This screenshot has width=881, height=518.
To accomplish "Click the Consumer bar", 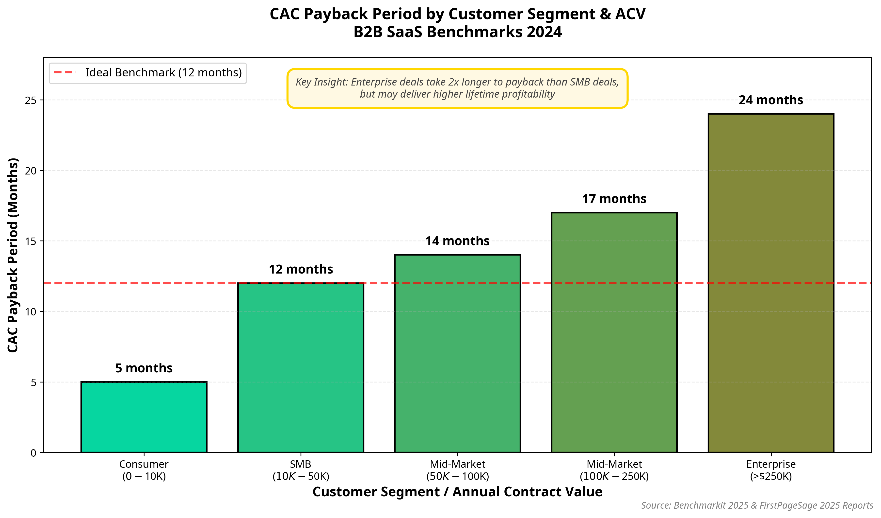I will click(144, 417).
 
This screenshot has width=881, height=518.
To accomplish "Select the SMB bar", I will click(301, 367).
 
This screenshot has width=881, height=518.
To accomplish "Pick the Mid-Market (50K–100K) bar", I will click(457, 353).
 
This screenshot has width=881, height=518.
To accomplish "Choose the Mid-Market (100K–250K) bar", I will click(614, 332).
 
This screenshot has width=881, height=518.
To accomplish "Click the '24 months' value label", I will click(771, 100).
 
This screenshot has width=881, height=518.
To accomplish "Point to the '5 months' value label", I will click(144, 368).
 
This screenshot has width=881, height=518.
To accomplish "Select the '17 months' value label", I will click(614, 199).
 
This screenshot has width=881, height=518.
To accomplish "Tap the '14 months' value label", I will click(457, 241).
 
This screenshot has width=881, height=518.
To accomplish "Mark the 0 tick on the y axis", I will click(33, 453).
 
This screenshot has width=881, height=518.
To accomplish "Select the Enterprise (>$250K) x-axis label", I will click(771, 470).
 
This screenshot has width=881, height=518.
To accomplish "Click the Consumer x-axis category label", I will click(144, 470).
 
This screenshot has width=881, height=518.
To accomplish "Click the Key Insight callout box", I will click(457, 88).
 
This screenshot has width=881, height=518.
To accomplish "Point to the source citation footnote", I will click(757, 505).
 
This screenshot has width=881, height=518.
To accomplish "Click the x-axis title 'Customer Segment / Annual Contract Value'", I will click(457, 492).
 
